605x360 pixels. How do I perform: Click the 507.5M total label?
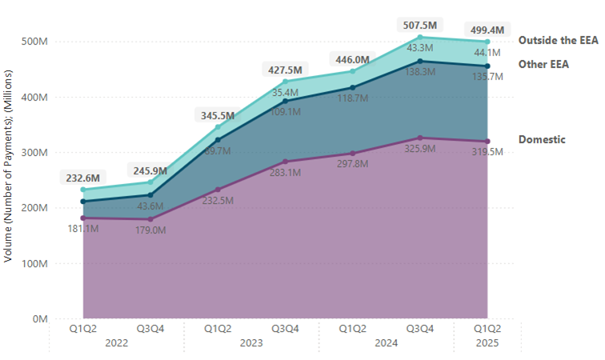420,25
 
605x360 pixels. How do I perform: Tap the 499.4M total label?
487,30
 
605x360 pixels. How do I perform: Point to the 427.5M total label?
284,70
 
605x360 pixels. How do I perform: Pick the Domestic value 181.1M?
81,229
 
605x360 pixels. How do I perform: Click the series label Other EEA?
543,64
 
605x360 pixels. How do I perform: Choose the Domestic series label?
542,139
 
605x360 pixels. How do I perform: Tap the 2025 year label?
487,343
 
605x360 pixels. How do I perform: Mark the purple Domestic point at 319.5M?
487,142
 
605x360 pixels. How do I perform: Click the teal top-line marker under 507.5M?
420,38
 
